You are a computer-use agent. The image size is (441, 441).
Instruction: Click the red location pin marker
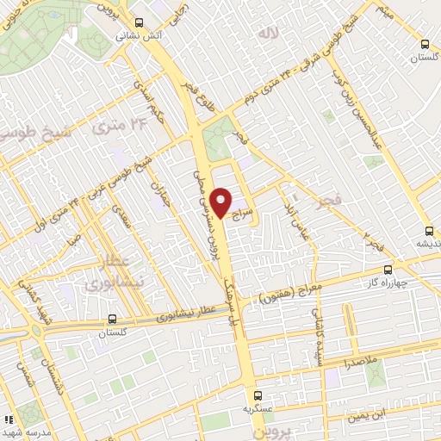(x=221, y=202)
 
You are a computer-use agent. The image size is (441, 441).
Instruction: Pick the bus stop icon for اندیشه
(x=429, y=230)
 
